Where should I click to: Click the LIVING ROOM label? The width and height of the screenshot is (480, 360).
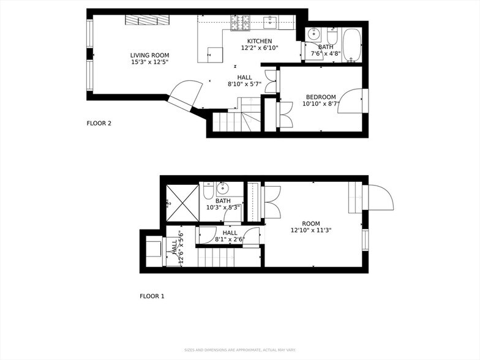(149, 55)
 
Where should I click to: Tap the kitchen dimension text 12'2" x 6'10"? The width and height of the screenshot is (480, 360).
(260, 48)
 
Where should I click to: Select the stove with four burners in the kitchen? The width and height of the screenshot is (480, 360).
(240, 23)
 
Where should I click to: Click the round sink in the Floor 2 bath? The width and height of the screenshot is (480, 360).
(313, 33)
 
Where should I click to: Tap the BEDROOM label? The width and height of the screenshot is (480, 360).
(321, 97)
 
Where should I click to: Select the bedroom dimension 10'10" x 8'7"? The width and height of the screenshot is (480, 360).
(321, 104)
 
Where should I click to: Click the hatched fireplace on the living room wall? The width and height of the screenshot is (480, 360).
(148, 20)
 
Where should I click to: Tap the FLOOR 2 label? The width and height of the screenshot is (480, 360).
(99, 123)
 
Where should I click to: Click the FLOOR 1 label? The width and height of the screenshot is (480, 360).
(152, 296)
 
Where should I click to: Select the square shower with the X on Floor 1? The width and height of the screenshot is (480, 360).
(182, 201)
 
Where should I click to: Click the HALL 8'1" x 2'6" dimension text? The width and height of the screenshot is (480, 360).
(229, 240)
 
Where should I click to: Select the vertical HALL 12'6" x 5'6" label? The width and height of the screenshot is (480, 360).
(177, 247)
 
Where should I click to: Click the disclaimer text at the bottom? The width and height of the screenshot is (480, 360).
(239, 350)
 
